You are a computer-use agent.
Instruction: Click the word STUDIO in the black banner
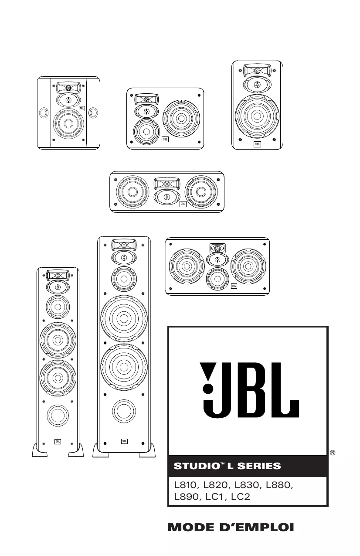(196, 466)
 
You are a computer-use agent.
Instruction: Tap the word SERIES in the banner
(259, 466)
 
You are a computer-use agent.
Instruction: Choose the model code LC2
(241, 496)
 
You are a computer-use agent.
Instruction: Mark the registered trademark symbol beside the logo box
(333, 453)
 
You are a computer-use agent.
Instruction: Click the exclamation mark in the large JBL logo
(208, 378)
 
